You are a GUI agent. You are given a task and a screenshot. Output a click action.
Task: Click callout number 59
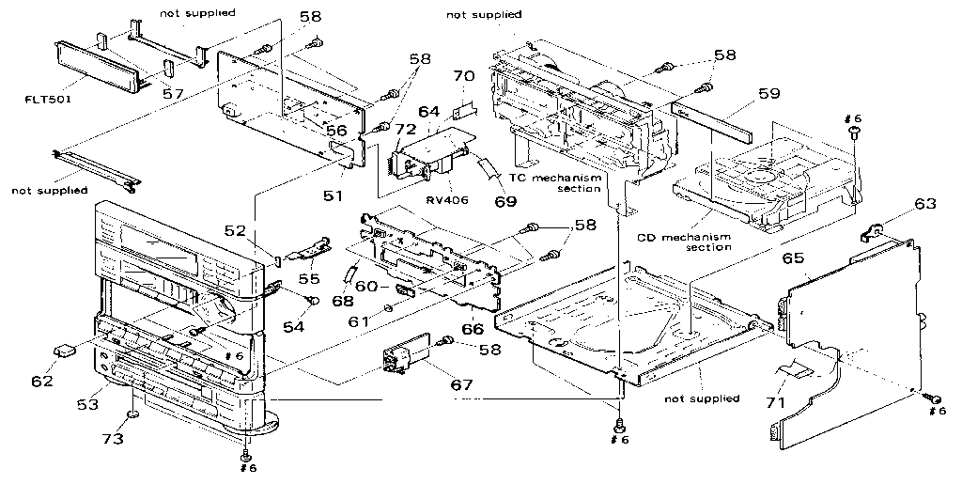(768, 94)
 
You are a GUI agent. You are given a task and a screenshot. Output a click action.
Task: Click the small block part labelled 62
(66, 351)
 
